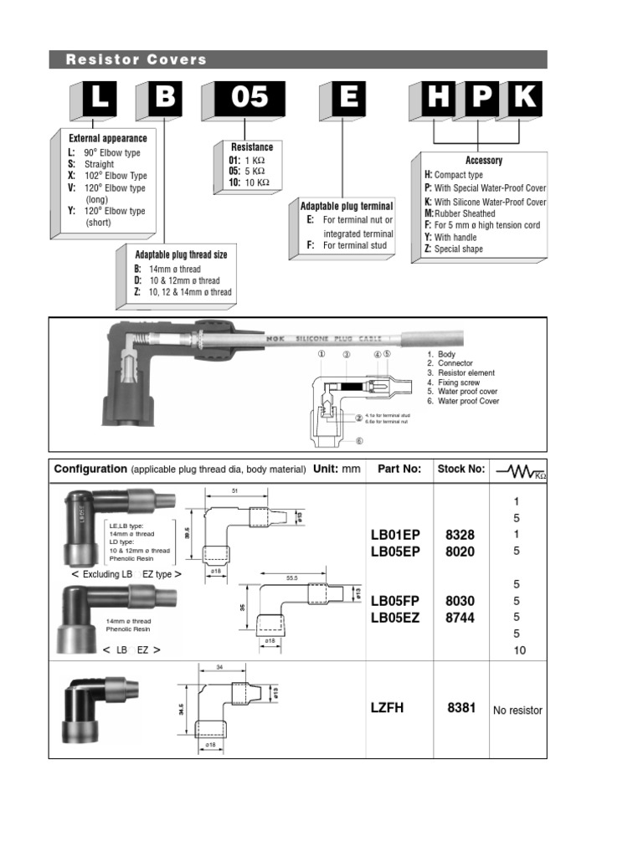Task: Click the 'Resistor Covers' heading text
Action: pyautogui.click(x=136, y=59)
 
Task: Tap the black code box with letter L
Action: pyautogui.click(x=99, y=99)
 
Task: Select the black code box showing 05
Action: pyautogui.click(x=249, y=99)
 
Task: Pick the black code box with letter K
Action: pyautogui.click(x=524, y=99)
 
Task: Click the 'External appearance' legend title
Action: pyautogui.click(x=108, y=138)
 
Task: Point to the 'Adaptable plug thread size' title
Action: pyautogui.click(x=181, y=254)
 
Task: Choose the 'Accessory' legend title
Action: pyautogui.click(x=484, y=161)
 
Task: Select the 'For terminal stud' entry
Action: pyautogui.click(x=355, y=246)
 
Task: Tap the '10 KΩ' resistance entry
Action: pyautogui.click(x=257, y=182)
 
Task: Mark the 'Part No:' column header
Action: pyautogui.click(x=399, y=470)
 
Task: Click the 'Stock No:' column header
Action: pyautogui.click(x=460, y=470)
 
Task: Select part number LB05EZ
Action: pyautogui.click(x=395, y=618)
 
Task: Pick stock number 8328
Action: pyautogui.click(x=460, y=534)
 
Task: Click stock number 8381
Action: pyautogui.click(x=460, y=708)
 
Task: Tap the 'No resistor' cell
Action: pyautogui.click(x=517, y=711)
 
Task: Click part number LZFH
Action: pyautogui.click(x=387, y=708)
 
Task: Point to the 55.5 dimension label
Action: pyautogui.click(x=292, y=577)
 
